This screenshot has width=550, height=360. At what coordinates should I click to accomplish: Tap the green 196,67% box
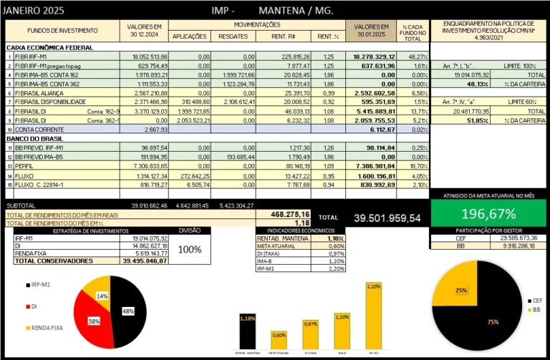click(x=489, y=214)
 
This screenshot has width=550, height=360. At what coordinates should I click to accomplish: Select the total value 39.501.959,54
click(x=387, y=218)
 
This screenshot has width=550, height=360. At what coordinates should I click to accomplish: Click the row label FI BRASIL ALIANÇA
click(x=37, y=92)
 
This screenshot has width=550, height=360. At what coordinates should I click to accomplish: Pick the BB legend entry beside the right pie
click(x=534, y=311)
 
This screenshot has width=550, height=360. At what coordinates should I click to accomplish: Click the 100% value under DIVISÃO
click(x=189, y=250)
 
